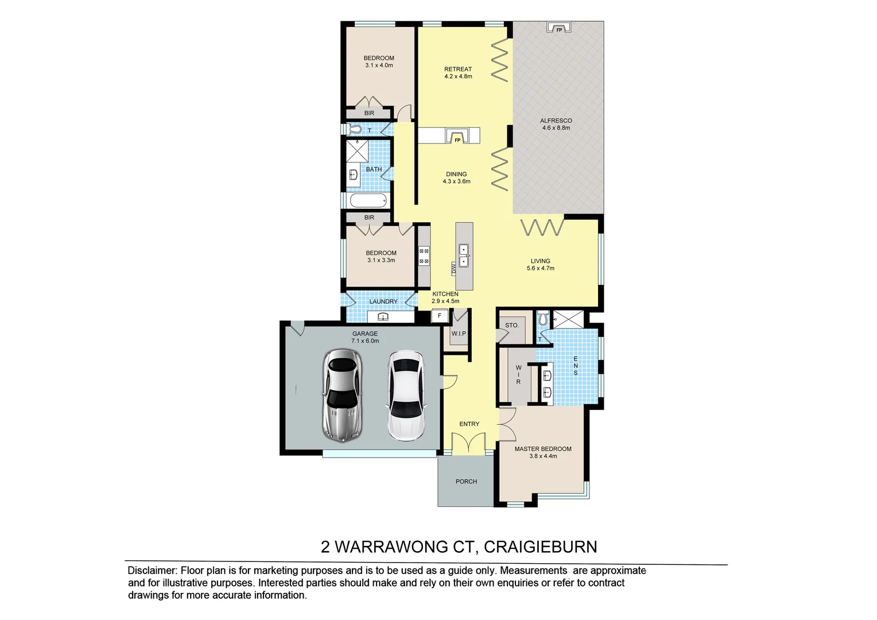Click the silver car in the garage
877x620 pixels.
[x=342, y=396]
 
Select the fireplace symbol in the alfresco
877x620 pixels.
[x=558, y=28]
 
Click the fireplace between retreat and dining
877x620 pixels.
[x=457, y=136]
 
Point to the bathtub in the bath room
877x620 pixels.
[x=368, y=201]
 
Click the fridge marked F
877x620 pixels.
[x=440, y=316]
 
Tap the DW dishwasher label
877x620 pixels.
[x=453, y=267]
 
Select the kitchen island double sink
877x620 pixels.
[x=464, y=255]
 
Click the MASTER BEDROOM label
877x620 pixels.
[x=543, y=449]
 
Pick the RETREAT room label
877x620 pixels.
[x=458, y=69]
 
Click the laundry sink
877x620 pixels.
[x=383, y=317]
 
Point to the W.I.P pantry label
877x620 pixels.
[x=459, y=334]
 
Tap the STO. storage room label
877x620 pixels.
[x=511, y=325]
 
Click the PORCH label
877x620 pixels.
[x=466, y=482]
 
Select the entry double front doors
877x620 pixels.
[x=469, y=443]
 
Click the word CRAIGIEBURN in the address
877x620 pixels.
[x=540, y=547]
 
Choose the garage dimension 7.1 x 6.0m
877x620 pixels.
[x=365, y=341]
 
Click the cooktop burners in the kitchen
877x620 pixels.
[x=424, y=256]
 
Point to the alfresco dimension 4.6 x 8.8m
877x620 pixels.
[x=556, y=128]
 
